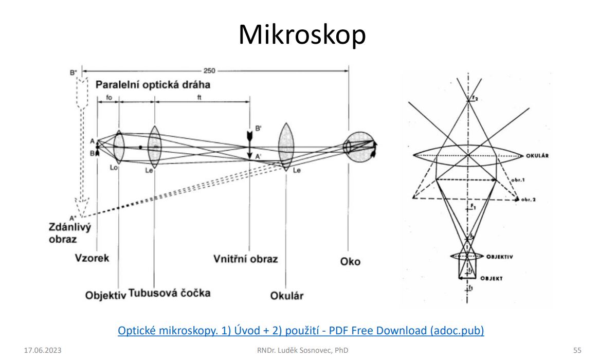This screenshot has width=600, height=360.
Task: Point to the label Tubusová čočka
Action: point(169,293)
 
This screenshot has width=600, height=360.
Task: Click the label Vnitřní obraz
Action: point(245,258)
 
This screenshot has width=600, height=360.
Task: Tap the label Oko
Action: point(350,261)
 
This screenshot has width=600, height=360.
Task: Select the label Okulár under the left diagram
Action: point(287,296)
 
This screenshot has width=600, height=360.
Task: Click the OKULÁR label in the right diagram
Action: point(539,155)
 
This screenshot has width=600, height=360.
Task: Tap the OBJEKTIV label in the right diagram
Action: point(499,256)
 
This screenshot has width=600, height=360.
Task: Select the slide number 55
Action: point(577,350)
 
